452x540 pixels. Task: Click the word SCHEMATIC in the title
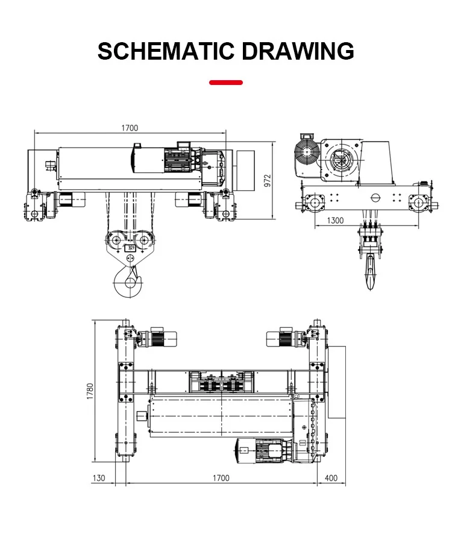[165, 51]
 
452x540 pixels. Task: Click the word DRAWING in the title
[298, 51]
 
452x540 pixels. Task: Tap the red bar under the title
[226, 83]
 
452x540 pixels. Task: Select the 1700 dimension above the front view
[130, 128]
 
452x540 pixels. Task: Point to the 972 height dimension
[268, 180]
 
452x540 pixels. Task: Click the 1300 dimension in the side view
[335, 221]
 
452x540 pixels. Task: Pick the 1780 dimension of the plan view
[90, 391]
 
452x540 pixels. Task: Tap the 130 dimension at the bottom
[99, 478]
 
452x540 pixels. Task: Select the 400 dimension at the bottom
[331, 478]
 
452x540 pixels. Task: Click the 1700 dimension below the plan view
[221, 478]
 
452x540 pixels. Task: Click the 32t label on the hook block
[130, 248]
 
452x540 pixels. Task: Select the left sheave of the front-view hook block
[115, 239]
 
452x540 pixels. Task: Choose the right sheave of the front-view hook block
[145, 239]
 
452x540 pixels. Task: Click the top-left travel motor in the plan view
[157, 338]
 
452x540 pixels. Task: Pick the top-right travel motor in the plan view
[286, 338]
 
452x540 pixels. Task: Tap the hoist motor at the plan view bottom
[263, 450]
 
